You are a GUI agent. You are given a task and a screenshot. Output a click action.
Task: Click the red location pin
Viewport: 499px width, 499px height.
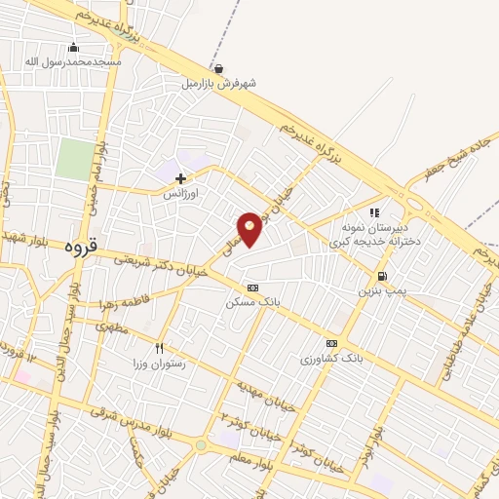pos(250,228)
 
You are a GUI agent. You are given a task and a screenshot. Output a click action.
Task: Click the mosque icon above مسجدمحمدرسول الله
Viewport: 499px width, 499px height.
pos(73,48)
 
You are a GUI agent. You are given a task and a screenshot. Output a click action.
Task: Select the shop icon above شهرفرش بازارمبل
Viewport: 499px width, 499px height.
pos(218,69)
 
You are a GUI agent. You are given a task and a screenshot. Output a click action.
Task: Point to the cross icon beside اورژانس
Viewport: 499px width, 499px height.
pos(180,178)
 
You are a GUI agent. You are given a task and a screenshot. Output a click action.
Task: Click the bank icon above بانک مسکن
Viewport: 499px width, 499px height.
pos(253,288)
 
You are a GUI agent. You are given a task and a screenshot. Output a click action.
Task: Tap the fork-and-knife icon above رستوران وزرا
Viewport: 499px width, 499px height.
pos(160,347)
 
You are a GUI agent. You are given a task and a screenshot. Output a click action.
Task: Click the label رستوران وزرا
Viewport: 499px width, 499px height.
pos(160,363)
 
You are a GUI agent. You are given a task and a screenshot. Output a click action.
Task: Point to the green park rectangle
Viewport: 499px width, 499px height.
pos(74,159)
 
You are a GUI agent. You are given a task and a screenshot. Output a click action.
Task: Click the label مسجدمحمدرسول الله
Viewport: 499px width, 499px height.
pos(73,62)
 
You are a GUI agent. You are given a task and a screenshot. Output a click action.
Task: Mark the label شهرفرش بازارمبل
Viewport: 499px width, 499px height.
pos(218,84)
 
